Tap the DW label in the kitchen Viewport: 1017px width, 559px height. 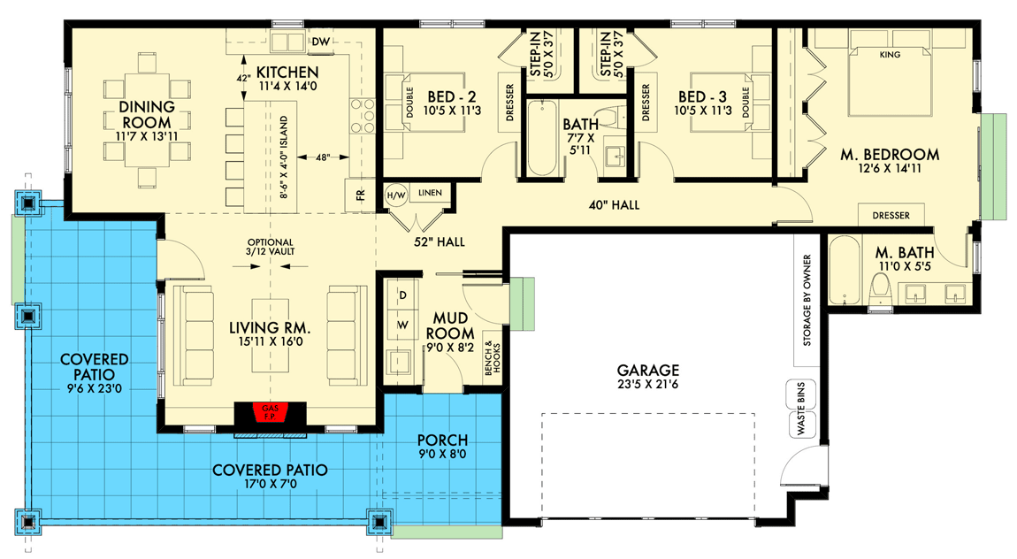[319, 42]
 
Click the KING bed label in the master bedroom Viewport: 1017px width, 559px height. [890, 55]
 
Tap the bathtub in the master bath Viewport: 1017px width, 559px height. [845, 271]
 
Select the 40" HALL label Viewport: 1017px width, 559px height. [614, 205]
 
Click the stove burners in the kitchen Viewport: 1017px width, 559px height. [363, 113]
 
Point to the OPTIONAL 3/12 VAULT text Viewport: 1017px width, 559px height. [271, 247]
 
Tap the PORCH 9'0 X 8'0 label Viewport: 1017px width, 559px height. [442, 447]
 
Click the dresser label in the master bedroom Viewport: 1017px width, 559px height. [891, 215]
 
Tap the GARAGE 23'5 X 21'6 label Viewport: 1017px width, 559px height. [648, 378]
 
